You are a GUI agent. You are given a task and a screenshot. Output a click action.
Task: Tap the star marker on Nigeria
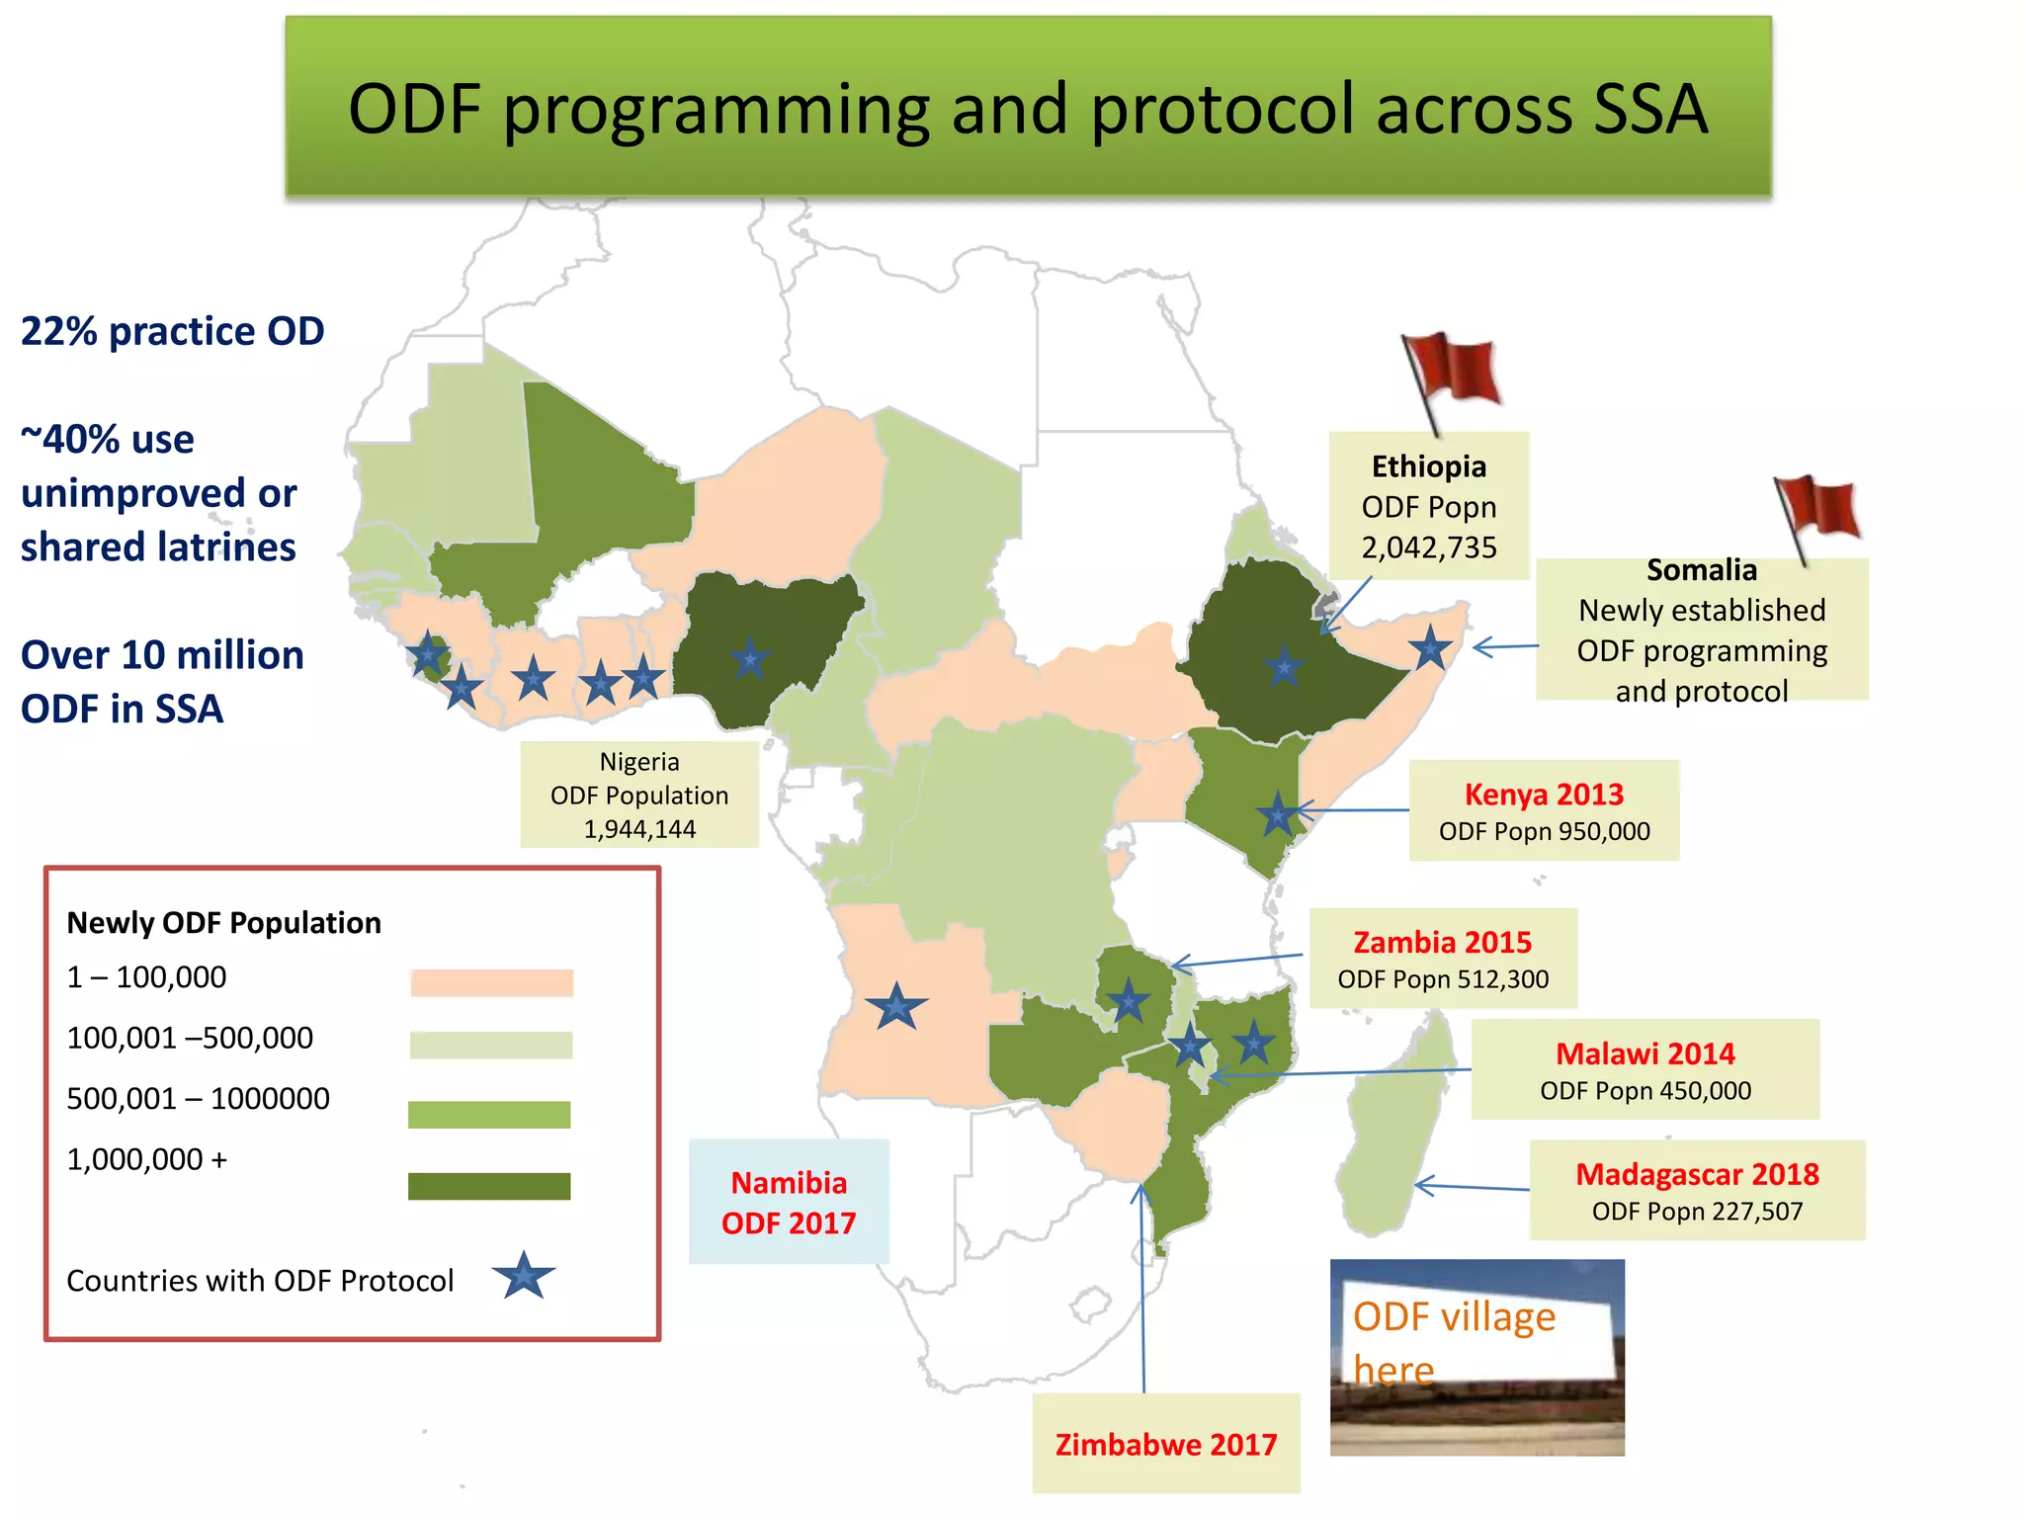(x=750, y=657)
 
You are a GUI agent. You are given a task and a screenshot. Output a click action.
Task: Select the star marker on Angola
(x=896, y=1007)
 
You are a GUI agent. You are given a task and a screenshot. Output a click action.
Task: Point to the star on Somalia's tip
(x=1430, y=649)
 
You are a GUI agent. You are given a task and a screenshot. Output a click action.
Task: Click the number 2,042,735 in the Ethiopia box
(x=1428, y=548)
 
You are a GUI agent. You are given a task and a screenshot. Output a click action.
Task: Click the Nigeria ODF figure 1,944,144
(x=639, y=829)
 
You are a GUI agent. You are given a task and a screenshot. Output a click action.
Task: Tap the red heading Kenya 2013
(x=1544, y=795)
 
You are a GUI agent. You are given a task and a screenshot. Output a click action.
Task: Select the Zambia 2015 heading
(x=1442, y=943)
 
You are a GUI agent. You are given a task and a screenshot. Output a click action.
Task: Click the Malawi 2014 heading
(x=1644, y=1054)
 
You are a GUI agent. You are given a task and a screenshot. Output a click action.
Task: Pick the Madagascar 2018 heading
(x=1697, y=1174)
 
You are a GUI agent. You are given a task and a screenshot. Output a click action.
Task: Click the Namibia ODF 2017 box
(x=789, y=1202)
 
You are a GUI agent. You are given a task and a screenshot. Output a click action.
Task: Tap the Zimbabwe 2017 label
(x=1166, y=1445)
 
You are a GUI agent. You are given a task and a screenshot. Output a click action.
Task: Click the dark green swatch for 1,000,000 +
(x=489, y=1186)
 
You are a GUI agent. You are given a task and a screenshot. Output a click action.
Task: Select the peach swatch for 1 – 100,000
(x=491, y=982)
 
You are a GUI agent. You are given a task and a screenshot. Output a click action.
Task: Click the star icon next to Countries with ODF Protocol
(x=524, y=1276)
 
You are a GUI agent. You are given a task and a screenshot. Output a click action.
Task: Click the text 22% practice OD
(x=173, y=332)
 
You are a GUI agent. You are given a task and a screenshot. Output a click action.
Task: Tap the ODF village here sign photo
(x=1476, y=1356)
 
